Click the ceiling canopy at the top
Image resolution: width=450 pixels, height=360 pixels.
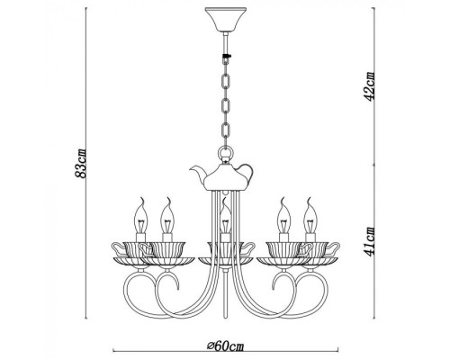click(224, 18)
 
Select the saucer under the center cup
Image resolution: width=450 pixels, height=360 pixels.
click(224, 261)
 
